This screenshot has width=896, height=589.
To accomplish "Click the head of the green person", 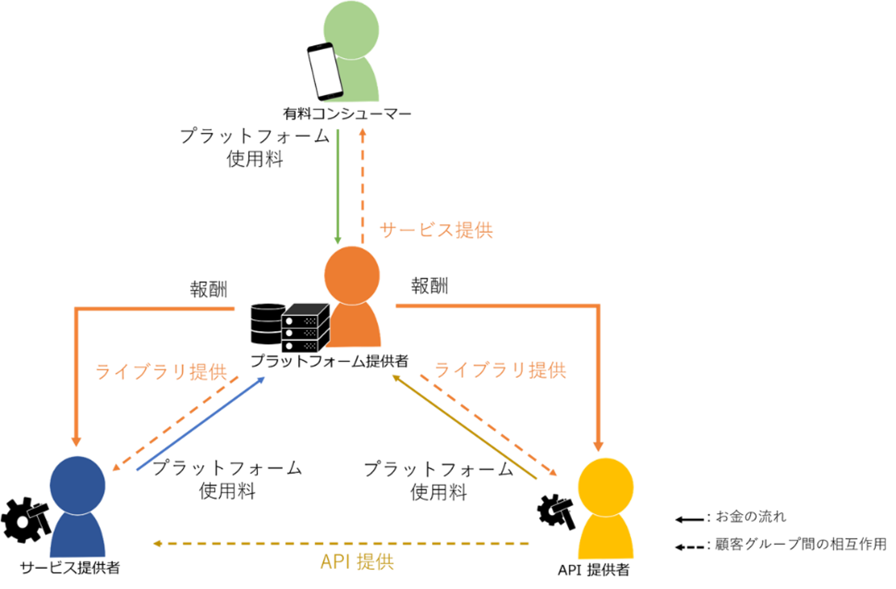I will (x=351, y=29).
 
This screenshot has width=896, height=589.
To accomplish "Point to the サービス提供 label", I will (x=436, y=230).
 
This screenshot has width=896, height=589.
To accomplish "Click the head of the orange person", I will (x=352, y=275).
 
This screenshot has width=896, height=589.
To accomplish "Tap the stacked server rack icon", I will (x=305, y=328).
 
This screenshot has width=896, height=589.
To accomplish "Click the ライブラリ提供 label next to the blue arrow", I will (x=162, y=372).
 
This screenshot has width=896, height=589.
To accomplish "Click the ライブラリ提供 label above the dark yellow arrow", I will (x=501, y=370).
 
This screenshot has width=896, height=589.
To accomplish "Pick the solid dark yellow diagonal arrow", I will (x=464, y=427).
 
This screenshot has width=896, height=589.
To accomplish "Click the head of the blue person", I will (x=78, y=485).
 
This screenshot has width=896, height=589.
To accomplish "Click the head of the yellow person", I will (x=606, y=486).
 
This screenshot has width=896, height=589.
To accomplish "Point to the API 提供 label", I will (x=357, y=562).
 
